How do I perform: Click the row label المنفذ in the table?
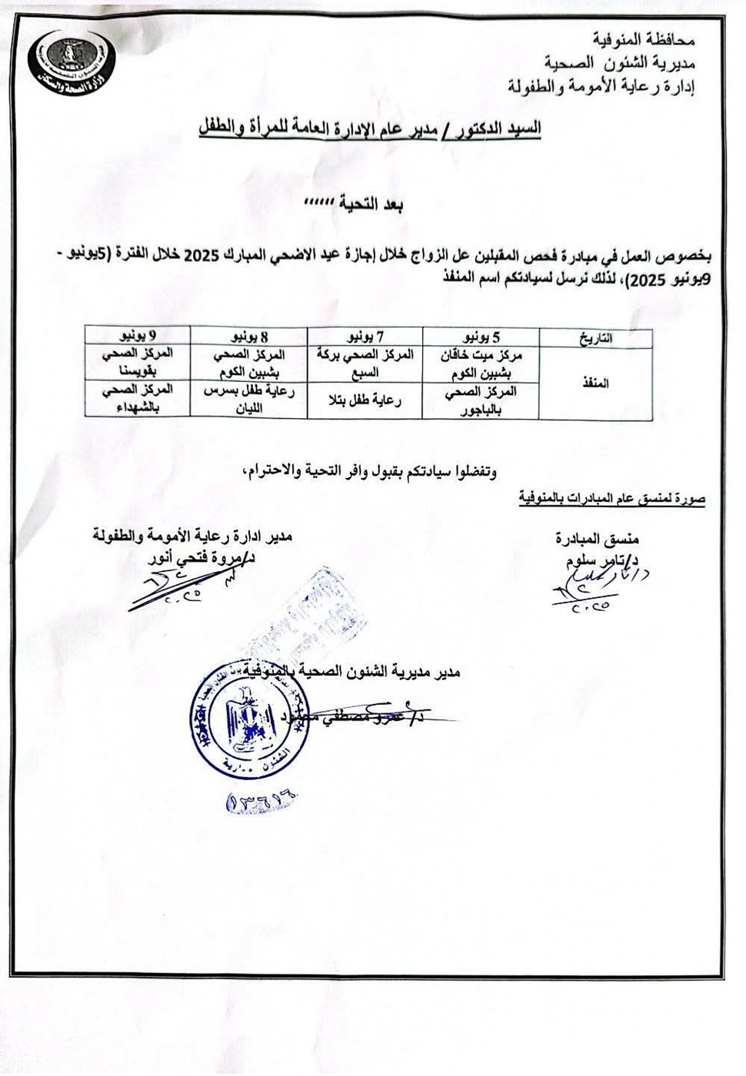(x=595, y=384)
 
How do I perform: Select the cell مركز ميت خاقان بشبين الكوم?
(x=480, y=364)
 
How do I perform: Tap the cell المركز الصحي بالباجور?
(x=480, y=400)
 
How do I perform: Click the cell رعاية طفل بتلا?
(x=365, y=400)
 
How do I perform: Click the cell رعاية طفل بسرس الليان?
(x=249, y=400)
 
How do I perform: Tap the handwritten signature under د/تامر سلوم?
(x=596, y=588)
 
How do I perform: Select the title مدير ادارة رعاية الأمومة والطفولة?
(x=192, y=536)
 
